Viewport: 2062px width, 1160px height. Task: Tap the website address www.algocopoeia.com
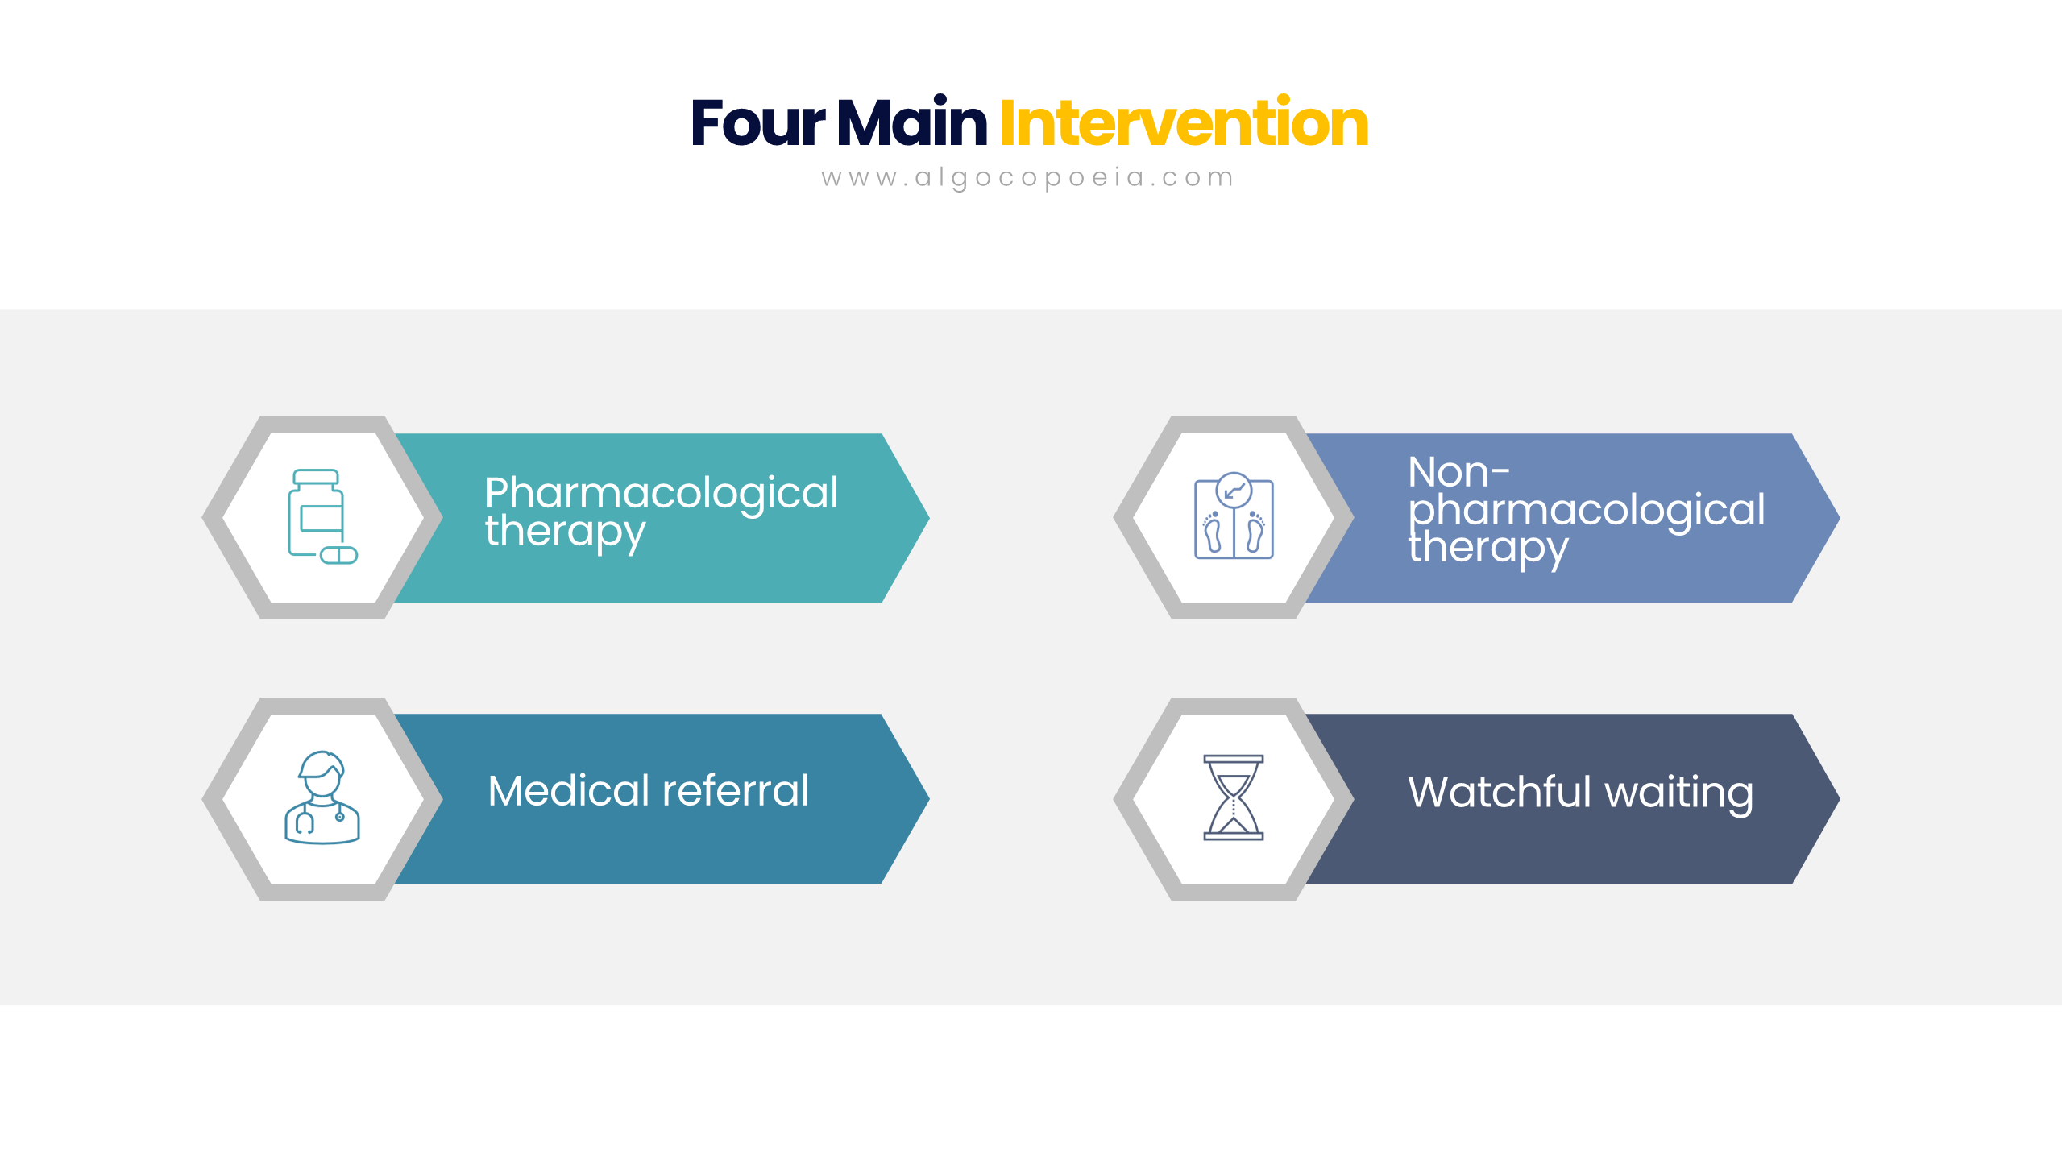point(1027,177)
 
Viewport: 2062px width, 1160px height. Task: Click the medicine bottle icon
point(316,512)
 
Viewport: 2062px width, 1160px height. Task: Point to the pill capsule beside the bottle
point(338,555)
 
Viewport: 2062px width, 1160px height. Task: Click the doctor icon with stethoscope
point(322,797)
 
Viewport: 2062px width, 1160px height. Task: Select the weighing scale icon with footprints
point(1234,516)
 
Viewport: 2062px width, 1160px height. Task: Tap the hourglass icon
point(1233,797)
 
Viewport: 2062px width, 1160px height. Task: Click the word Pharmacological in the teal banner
point(662,493)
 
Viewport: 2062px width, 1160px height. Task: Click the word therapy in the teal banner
point(565,532)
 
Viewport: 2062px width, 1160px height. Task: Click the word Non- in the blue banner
point(1458,472)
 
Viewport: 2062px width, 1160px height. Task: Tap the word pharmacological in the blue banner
point(1587,511)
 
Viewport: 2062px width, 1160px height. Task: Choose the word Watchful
point(1500,792)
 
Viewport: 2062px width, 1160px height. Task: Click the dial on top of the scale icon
point(1234,489)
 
